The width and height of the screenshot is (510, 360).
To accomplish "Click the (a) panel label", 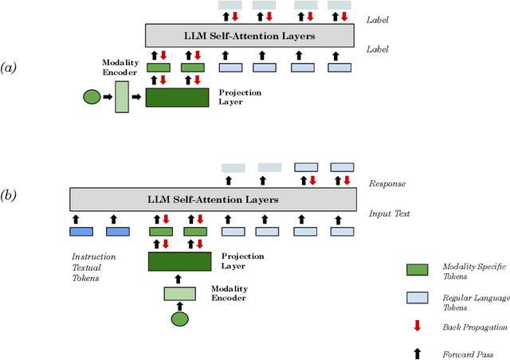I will [12, 68].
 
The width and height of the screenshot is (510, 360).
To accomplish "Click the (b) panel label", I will [12, 194].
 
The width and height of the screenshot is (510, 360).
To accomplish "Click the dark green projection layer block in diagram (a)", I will [176, 98].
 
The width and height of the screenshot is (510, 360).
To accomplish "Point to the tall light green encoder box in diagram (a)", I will [121, 97].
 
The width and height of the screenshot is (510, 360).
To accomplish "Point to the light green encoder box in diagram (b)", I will [179, 293].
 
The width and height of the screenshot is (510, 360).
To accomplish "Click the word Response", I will [387, 184].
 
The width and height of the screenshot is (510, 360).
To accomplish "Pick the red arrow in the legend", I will [418, 326].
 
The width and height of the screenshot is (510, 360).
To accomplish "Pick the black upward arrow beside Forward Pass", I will [418, 352].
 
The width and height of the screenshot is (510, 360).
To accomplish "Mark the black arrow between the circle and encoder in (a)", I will [108, 98].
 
